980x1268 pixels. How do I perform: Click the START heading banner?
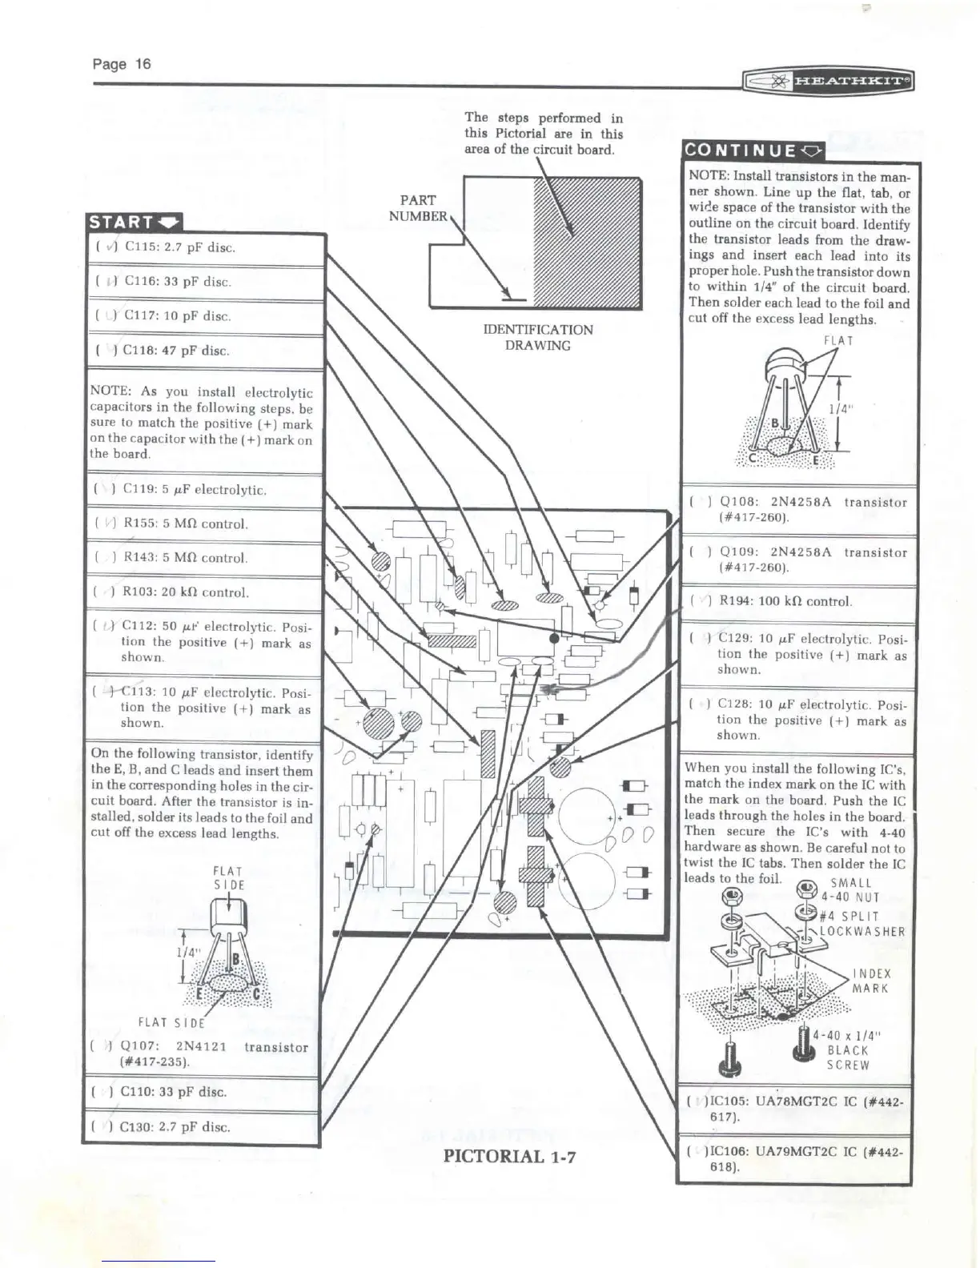point(135,222)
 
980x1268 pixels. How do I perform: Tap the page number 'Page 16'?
point(122,64)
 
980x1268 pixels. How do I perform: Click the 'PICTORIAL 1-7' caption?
point(509,1156)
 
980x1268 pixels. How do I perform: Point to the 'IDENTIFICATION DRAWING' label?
point(537,337)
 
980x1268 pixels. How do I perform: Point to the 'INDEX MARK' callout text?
point(871,981)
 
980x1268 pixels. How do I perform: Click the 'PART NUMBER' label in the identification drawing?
point(417,208)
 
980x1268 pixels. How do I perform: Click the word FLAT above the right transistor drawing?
point(838,341)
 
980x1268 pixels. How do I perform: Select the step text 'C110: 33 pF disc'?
point(173,1092)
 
